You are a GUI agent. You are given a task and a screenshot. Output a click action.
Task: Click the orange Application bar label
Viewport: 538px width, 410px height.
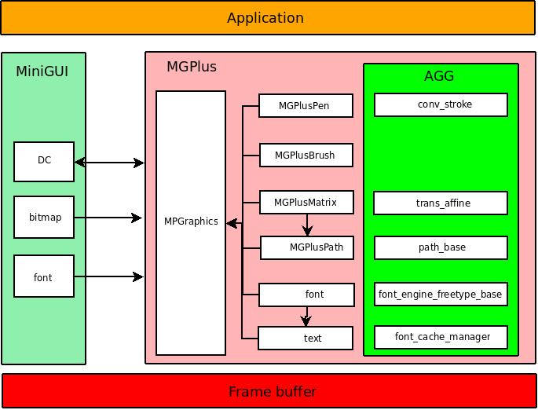coord(265,18)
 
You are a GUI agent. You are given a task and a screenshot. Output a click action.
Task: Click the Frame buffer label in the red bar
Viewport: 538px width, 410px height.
coord(272,391)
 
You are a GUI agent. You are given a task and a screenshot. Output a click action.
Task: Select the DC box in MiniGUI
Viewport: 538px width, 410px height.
coord(44,161)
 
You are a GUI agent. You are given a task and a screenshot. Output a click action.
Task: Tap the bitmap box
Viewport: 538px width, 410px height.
coord(44,218)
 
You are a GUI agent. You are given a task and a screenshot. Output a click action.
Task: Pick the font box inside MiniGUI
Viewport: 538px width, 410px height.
coord(44,276)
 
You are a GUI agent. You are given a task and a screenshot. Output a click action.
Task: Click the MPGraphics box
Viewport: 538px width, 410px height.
coord(191,222)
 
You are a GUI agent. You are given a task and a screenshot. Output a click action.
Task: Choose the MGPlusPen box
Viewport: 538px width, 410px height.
coord(306,106)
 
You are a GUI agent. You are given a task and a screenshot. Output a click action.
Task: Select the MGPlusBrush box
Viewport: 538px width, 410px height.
coord(306,156)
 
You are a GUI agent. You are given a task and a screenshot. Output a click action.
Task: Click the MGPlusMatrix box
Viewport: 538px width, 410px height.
coord(306,203)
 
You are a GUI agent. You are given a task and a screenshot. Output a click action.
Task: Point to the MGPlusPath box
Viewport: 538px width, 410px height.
coord(307,248)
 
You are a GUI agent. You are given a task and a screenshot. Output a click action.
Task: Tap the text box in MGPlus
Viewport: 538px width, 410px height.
coord(306,339)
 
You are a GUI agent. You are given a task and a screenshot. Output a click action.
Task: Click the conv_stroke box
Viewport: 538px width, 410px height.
coord(441,104)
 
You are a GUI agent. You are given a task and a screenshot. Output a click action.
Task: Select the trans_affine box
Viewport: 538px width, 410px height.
coord(441,203)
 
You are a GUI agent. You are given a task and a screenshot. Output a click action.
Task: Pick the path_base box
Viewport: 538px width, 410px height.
coord(441,247)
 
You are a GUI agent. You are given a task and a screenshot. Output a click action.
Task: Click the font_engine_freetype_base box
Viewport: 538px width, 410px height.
coord(441,295)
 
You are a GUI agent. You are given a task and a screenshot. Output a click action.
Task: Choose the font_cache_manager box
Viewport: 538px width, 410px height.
coord(441,337)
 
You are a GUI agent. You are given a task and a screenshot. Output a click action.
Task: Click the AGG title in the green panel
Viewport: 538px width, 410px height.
coord(439,76)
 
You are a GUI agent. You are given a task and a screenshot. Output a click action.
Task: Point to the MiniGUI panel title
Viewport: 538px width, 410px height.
coord(42,71)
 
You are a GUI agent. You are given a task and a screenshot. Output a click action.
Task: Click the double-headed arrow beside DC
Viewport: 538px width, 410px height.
coord(110,163)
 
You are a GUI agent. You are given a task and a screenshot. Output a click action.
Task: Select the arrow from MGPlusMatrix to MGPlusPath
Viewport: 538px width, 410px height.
coord(307,225)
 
